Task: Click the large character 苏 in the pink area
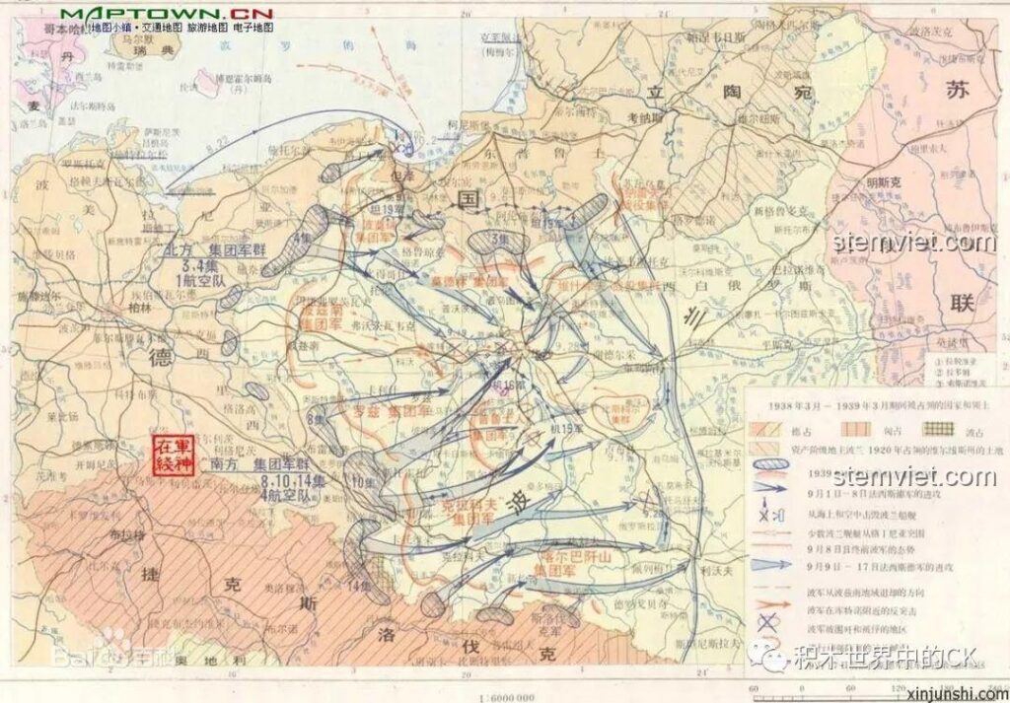pyautogui.click(x=958, y=91)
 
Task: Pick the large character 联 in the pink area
pyautogui.click(x=962, y=302)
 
